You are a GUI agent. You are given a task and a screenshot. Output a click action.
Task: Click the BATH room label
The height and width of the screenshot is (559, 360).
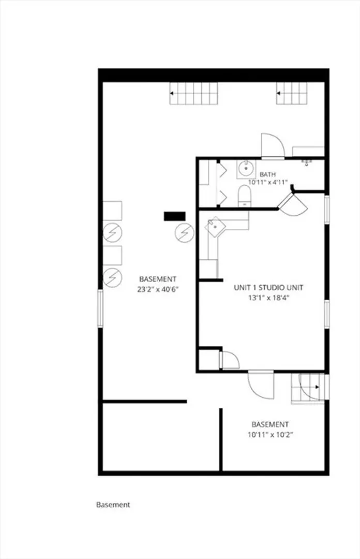267,174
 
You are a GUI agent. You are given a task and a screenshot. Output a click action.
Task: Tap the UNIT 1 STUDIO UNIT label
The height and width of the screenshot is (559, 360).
268,287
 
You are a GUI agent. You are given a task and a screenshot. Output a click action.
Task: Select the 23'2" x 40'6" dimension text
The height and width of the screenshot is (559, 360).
158,289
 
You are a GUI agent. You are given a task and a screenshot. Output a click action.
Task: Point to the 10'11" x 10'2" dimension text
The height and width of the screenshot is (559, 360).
270,435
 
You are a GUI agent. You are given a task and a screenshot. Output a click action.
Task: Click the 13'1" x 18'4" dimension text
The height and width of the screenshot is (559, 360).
268,298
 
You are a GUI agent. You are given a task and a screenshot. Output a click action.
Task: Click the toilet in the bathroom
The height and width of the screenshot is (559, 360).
245,197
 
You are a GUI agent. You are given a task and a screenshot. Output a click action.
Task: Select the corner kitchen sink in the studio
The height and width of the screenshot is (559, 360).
215,226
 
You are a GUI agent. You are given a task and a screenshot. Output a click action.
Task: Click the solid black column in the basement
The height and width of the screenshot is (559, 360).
175,216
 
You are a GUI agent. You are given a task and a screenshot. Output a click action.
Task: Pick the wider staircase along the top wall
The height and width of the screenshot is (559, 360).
193,93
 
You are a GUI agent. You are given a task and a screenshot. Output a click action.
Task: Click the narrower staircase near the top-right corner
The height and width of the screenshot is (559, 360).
292,93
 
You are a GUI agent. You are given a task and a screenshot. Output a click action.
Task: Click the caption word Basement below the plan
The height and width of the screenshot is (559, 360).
113,505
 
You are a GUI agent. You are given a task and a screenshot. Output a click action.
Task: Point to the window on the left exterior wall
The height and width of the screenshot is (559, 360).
100,308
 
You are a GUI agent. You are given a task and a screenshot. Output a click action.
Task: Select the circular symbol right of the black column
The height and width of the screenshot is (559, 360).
185,233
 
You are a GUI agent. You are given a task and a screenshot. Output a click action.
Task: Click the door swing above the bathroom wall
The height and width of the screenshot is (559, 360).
273,146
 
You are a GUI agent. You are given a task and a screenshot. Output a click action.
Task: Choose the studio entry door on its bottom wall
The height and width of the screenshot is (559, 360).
261,385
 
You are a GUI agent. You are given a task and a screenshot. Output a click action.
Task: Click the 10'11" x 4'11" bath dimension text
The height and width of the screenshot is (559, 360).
268,182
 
